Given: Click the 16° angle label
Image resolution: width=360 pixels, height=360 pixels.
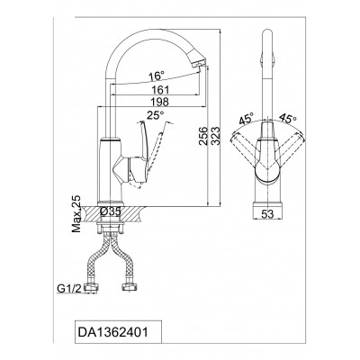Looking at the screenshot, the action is click(157, 76).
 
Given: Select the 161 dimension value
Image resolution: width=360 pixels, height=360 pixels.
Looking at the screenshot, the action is click(161, 89).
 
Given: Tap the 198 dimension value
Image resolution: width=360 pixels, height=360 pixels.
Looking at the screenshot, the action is click(160, 102).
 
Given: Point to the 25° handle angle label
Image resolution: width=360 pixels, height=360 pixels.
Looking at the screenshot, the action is click(156, 115).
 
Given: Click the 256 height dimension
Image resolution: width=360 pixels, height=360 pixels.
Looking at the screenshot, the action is click(203, 136).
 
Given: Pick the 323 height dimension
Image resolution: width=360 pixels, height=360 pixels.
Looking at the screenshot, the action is click(215, 136).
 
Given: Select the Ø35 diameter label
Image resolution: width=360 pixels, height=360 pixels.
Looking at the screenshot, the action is click(111, 211).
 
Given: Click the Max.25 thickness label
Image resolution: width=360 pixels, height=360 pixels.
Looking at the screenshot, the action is click(76, 213).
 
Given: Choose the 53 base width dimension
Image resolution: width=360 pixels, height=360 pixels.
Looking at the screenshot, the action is click(267, 214).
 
